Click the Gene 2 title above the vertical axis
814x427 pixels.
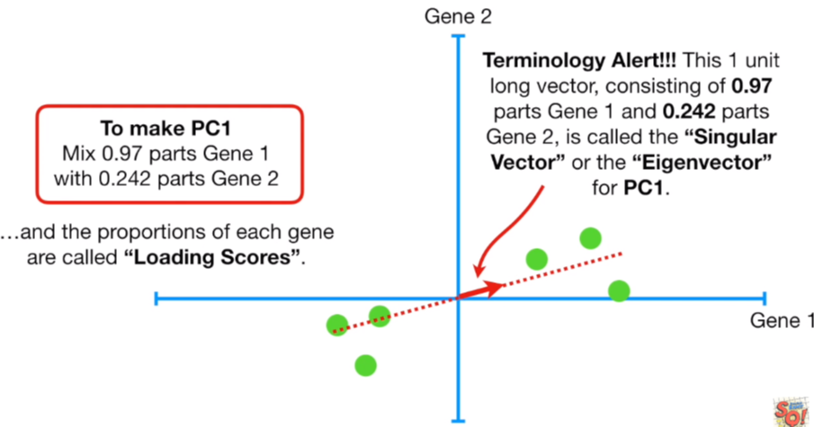[459, 15]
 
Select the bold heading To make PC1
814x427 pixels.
[169, 127]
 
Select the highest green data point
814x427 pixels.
[590, 238]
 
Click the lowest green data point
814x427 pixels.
[365, 365]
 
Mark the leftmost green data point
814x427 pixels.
[337, 325]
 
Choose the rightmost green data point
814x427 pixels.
[618, 290]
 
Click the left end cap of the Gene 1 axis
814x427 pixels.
[157, 298]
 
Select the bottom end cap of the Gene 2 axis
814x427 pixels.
[459, 419]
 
